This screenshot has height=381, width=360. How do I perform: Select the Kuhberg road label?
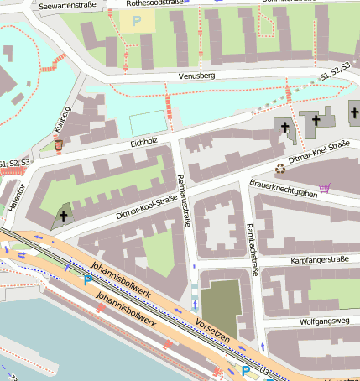pos(62,121)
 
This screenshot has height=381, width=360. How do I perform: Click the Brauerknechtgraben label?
pos(283,190)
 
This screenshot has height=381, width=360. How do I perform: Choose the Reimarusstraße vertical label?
pos(184,197)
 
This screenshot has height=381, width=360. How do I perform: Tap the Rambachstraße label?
pos(249,243)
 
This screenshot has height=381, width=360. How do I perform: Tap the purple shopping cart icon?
pos(324,187)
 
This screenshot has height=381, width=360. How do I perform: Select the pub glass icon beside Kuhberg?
pos(58,145)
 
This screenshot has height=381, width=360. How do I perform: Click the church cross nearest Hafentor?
pos(64,216)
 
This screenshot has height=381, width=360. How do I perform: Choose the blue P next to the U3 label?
pos(246,369)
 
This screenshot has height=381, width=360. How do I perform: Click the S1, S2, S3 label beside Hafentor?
pos(15,161)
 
